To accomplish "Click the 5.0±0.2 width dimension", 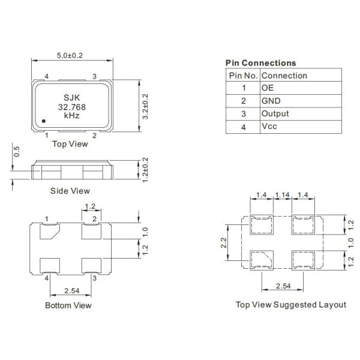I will point(70,55).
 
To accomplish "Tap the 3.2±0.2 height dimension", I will point(145,106).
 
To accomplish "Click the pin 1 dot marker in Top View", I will point(45,122).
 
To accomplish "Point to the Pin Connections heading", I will point(260,63).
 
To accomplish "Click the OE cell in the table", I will point(268,88).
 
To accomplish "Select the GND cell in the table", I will point(271,101).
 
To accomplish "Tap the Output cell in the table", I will point(275,114).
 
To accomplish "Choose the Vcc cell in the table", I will point(269,127).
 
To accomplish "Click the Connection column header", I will point(284,76).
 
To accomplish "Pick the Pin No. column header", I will point(243,76).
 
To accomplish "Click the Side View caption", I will point(70,191).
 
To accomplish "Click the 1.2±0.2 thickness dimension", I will point(145,169).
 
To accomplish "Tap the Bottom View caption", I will point(68,305).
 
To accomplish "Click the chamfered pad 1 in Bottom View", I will point(49,230).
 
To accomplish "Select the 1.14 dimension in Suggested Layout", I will point(283,195).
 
